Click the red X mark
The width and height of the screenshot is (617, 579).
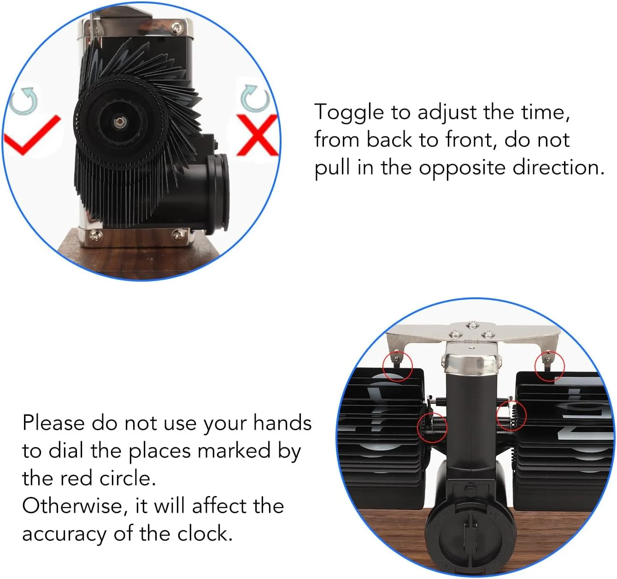point(257,135)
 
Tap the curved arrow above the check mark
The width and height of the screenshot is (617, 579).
point(24,101)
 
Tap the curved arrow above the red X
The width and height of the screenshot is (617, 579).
point(255,98)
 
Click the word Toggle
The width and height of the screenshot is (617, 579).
point(349,113)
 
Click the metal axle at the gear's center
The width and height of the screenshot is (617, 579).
point(119,122)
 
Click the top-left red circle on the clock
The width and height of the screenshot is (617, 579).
point(397,366)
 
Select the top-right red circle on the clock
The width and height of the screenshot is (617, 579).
point(549,366)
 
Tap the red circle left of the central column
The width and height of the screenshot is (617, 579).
point(432,427)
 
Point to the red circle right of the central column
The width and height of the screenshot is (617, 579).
point(511,415)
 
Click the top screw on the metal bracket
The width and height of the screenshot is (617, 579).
point(472,325)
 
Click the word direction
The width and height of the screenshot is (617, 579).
point(558,168)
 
